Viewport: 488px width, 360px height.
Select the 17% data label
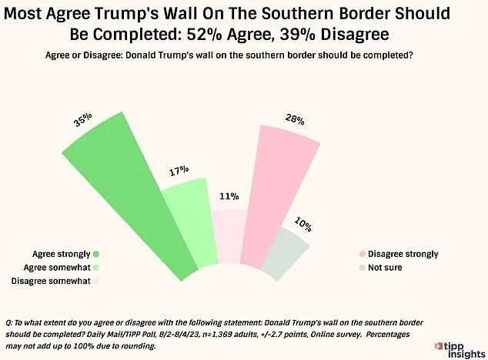click(179, 170)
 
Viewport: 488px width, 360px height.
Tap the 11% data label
click(227, 196)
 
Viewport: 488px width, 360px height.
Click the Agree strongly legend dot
click(96, 254)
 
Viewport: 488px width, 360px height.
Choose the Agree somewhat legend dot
click(96, 268)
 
